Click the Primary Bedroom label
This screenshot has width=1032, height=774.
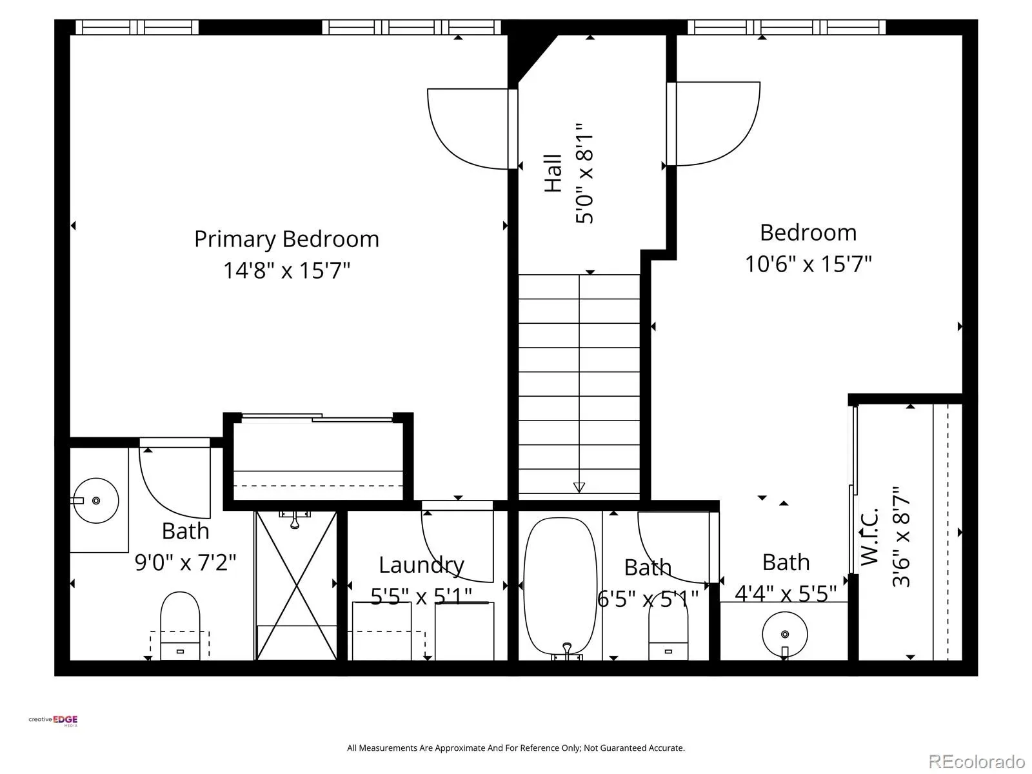click(286, 240)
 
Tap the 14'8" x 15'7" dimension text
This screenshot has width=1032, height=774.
click(286, 271)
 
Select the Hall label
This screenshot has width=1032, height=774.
click(553, 173)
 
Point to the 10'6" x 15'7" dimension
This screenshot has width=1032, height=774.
click(808, 264)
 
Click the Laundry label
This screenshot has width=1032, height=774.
click(422, 566)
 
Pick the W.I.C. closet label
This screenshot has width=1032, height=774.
click(869, 536)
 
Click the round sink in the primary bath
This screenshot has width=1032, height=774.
click(96, 501)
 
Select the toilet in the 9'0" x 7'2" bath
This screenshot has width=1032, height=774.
click(180, 626)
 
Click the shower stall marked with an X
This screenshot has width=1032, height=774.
click(295, 586)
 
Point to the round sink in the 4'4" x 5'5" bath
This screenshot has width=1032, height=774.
click(785, 635)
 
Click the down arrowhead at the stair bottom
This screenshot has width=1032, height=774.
click(579, 488)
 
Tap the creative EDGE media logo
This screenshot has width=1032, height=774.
click(53, 720)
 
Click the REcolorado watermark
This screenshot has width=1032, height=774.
click(977, 761)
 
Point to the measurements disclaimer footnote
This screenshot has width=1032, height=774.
click(516, 748)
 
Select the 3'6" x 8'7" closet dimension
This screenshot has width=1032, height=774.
click(901, 536)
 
